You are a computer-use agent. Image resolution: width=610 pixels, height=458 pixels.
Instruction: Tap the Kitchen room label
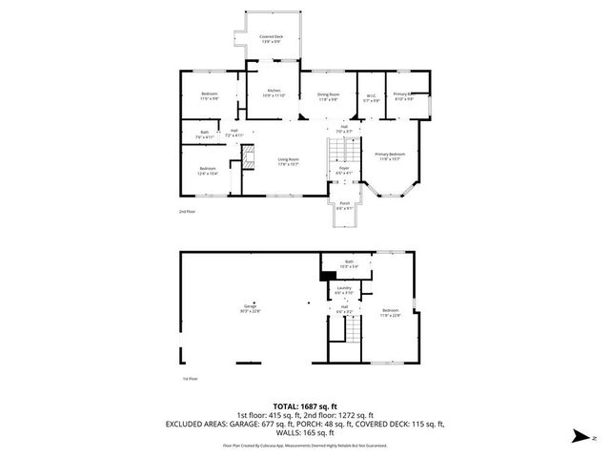click(x=274, y=93)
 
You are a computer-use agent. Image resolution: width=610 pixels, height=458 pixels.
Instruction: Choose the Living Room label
click(x=289, y=161)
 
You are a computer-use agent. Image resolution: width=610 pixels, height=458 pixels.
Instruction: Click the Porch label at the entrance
click(x=344, y=207)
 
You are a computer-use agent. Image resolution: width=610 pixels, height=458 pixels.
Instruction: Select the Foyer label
click(x=344, y=170)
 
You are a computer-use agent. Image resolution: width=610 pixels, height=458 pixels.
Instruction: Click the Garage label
click(x=251, y=308)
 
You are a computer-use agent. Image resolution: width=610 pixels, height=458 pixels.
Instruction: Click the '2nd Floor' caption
click(x=187, y=211)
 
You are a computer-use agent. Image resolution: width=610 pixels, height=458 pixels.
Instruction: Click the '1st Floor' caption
click(x=190, y=378)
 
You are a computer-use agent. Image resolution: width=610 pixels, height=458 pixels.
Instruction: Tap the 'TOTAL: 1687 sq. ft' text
click(x=305, y=406)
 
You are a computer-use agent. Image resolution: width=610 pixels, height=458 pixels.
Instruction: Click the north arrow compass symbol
click(x=579, y=438)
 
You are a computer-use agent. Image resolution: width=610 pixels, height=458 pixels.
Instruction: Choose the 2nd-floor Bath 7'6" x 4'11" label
click(x=204, y=135)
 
